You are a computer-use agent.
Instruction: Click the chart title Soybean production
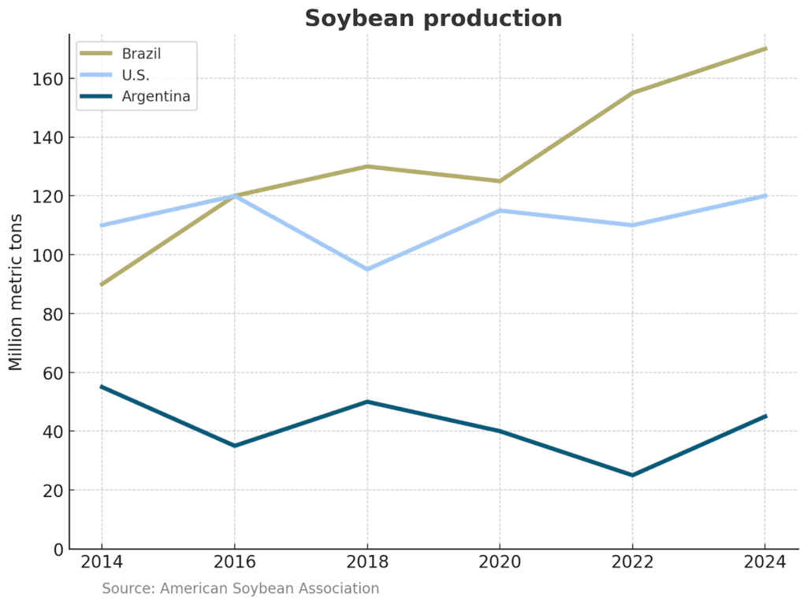point(433,18)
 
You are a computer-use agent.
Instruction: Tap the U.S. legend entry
point(136,76)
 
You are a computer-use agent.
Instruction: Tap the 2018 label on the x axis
point(367,563)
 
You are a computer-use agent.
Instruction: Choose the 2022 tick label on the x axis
point(632,563)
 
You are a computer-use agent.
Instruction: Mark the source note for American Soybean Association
point(240,588)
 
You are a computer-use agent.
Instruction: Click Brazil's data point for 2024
point(765,49)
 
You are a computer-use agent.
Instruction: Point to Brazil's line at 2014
point(102,284)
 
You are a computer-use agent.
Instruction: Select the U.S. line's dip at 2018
point(367,269)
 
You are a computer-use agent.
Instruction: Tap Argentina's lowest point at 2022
point(632,475)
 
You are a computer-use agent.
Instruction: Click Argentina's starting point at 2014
point(102,387)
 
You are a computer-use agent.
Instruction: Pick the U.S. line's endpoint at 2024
point(765,195)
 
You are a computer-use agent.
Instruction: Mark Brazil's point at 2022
point(632,93)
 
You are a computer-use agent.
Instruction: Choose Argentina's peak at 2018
point(367,402)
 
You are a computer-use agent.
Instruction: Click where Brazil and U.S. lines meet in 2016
point(235,195)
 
